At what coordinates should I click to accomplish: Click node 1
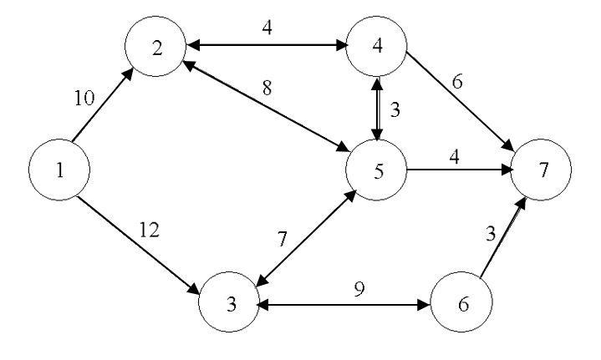click(x=59, y=170)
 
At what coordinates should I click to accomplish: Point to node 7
click(x=544, y=171)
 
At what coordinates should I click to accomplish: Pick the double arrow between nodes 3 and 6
click(x=344, y=305)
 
